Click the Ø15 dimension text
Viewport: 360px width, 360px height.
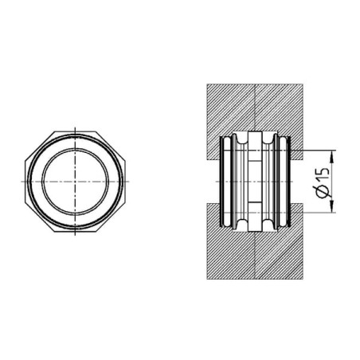tap(323, 182)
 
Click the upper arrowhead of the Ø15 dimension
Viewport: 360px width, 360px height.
tap(331, 156)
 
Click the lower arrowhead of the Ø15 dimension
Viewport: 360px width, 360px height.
tap(331, 207)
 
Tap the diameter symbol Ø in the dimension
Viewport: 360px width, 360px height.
tap(323, 192)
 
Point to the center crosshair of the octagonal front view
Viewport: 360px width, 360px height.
tap(75, 182)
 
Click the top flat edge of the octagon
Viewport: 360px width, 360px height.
tap(75, 131)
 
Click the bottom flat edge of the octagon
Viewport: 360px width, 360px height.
tap(75, 232)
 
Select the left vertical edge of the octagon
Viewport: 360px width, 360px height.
tap(25, 182)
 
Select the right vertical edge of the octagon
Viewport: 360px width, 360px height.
tap(125, 182)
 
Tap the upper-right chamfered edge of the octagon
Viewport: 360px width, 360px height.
tap(111, 146)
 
